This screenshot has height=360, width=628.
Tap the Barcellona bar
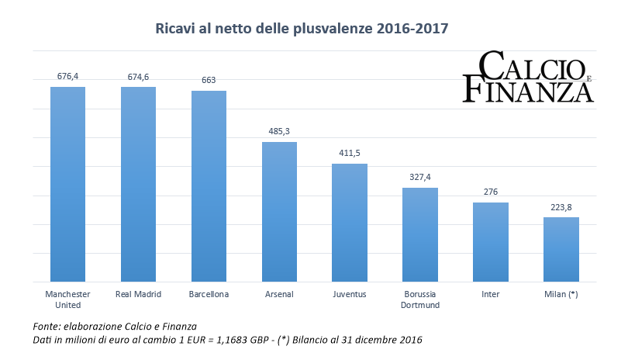click(x=209, y=186)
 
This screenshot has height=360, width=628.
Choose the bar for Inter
click(x=490, y=241)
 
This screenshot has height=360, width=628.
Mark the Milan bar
click(x=561, y=249)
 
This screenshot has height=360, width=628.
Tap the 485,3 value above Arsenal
click(x=279, y=131)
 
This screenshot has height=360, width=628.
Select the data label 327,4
click(x=420, y=177)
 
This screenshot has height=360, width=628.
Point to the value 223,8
click(x=561, y=206)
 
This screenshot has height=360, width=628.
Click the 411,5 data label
click(x=350, y=153)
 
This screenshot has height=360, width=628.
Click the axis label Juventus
click(x=350, y=295)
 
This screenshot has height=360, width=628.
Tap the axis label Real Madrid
click(x=138, y=295)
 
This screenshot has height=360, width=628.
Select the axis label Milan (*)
click(x=561, y=295)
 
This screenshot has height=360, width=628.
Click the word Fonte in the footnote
click(x=48, y=327)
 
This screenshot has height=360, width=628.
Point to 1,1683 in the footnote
click(x=219, y=341)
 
